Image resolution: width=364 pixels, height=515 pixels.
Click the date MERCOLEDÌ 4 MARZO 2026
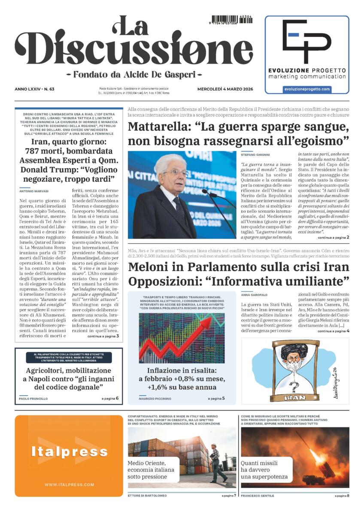(225, 89)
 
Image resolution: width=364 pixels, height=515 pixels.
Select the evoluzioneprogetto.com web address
(306, 89)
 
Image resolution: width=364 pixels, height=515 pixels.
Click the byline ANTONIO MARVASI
(34, 191)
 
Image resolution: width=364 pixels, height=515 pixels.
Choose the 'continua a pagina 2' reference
(333, 237)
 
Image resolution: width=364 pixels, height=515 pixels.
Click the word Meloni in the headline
(148, 266)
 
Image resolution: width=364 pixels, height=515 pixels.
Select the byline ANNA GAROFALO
(255, 295)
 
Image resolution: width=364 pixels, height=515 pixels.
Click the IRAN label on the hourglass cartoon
(294, 397)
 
